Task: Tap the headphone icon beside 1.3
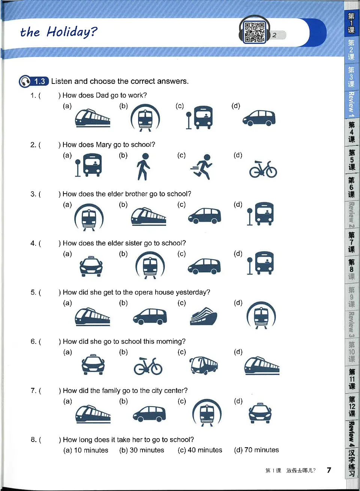[x=25, y=81]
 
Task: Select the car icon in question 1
[x=259, y=118]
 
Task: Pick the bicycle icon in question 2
[x=263, y=169]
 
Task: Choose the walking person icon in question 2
[x=144, y=167]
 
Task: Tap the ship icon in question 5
[x=203, y=316]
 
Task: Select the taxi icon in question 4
[x=91, y=266]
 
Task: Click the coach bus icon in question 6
[x=204, y=365]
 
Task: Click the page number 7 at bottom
[x=329, y=470]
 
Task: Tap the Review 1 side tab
[x=351, y=104]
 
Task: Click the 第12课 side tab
[x=352, y=406]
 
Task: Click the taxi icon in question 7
[x=260, y=413]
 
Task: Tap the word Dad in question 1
[x=102, y=95]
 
